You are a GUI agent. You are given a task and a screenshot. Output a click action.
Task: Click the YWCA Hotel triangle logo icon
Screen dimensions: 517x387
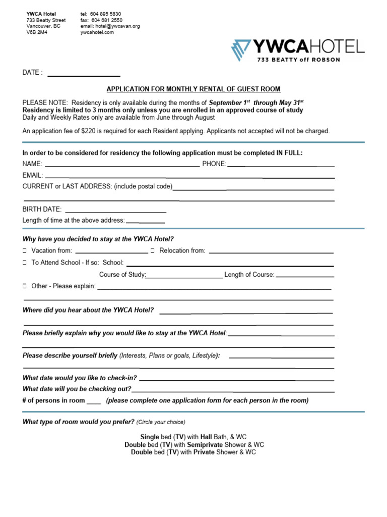click(242, 50)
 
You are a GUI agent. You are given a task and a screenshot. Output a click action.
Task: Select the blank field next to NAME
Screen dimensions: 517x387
click(122, 165)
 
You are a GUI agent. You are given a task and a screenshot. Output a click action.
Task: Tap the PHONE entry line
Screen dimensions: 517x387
click(281, 165)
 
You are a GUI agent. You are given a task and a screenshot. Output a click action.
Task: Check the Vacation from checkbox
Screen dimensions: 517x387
click(25, 250)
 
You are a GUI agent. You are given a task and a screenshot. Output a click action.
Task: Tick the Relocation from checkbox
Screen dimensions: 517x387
click(152, 250)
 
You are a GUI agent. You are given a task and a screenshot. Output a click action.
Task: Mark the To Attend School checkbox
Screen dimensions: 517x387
click(25, 263)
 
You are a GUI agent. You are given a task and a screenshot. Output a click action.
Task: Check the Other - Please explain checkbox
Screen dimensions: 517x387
click(25, 286)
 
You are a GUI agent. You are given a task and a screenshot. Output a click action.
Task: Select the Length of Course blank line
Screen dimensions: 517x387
click(305, 277)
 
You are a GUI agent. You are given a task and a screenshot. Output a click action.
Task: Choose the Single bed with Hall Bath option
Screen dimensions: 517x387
click(193, 436)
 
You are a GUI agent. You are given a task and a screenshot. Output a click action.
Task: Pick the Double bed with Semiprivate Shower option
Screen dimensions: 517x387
click(194, 445)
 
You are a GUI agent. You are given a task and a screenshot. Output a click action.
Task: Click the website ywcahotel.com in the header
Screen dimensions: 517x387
click(97, 32)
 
